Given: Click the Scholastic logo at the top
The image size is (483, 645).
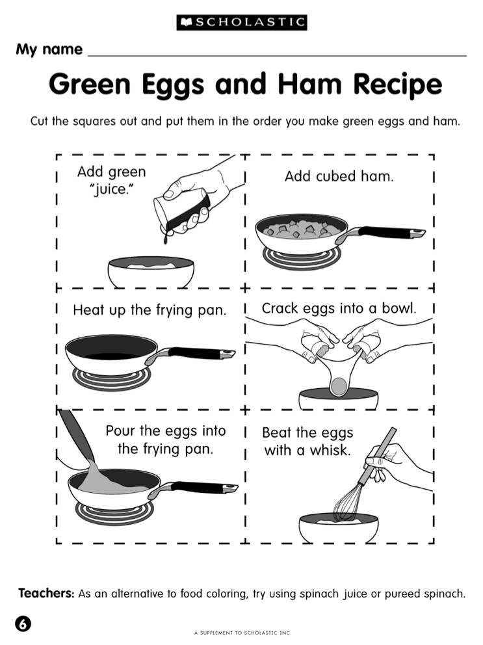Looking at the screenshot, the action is tap(242, 22).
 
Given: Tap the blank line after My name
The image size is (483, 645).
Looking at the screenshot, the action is tap(278, 55).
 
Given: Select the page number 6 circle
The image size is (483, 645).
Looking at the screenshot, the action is tap(23, 624).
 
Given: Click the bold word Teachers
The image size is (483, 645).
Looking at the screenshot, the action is tap(46, 593).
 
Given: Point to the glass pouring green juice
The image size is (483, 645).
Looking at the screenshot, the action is tap(181, 213).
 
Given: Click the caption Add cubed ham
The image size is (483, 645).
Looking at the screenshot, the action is tap(339, 176).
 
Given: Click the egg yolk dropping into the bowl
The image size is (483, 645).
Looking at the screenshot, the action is tap(339, 386).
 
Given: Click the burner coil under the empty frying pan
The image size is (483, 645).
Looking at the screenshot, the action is tap(112, 379).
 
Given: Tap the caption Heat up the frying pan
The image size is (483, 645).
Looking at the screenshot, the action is tap(150, 310).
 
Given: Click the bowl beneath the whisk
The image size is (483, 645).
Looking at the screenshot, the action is tap(339, 528).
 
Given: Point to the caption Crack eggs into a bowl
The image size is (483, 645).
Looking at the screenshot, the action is tap(339, 308).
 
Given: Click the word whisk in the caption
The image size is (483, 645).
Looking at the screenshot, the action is tap(330, 451).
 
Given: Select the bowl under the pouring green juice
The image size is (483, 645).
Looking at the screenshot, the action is tap(151, 272).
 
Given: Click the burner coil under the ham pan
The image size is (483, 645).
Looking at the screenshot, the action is tap(302, 258).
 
